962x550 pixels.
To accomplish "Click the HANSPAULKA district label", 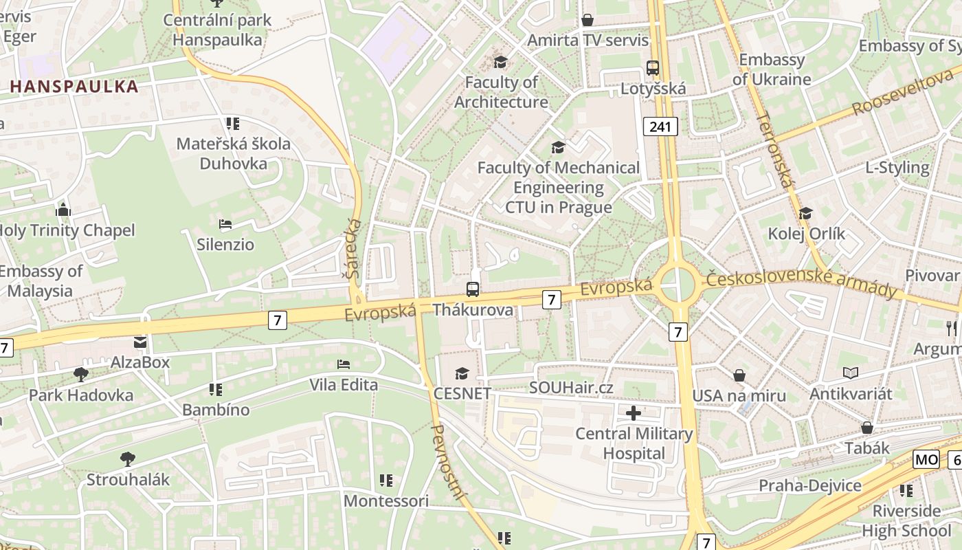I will click(x=74, y=87).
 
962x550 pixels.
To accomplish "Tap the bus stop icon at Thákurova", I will click(x=473, y=289).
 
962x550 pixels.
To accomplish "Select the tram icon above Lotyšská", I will click(x=653, y=68).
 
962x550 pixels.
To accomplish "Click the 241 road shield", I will click(x=661, y=126).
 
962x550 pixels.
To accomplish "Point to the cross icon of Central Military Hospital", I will click(x=634, y=413).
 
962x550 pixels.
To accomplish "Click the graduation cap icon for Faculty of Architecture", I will click(x=500, y=62).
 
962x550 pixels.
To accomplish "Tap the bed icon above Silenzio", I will click(x=225, y=224).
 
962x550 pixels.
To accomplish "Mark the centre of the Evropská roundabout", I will click(x=678, y=283).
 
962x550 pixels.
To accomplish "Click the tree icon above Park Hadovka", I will click(x=80, y=375).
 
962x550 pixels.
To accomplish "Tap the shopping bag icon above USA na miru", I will click(x=739, y=375).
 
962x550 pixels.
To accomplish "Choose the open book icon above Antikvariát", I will click(x=851, y=373).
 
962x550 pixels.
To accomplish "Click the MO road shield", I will click(x=926, y=459).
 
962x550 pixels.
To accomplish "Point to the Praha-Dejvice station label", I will click(x=809, y=486).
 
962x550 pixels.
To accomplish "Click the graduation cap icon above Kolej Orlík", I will click(x=805, y=213).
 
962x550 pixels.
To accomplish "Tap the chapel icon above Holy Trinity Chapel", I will click(x=63, y=209).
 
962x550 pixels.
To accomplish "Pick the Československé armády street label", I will click(x=801, y=283).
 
